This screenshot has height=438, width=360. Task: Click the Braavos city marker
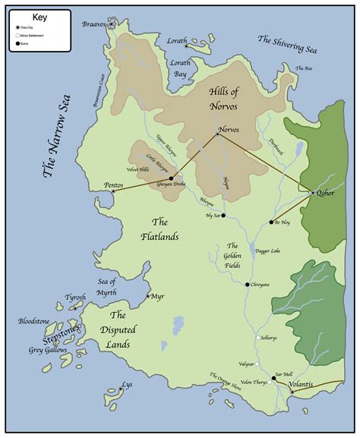coord(112,24)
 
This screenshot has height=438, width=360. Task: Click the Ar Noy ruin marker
coord(271,222)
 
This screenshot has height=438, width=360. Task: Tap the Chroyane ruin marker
coord(247,285)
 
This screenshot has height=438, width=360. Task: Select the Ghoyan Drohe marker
coord(171,178)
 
